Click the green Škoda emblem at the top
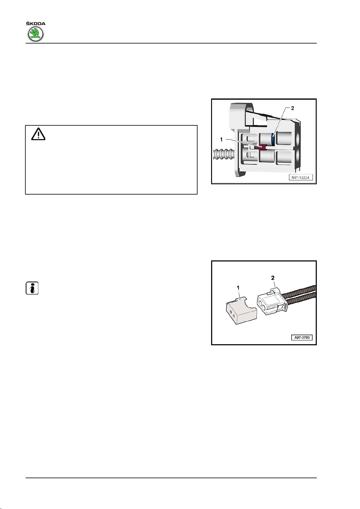[36, 34]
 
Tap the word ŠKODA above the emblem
[36, 24]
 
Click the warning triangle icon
[38, 134]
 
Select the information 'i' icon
[32, 288]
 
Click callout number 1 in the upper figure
[221, 140]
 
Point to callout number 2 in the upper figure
[292, 108]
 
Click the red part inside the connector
[260, 147]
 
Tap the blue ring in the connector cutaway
[273, 138]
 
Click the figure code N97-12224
[300, 178]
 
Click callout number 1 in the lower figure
[239, 288]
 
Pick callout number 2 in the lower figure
[273, 278]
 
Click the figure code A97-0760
[302, 337]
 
